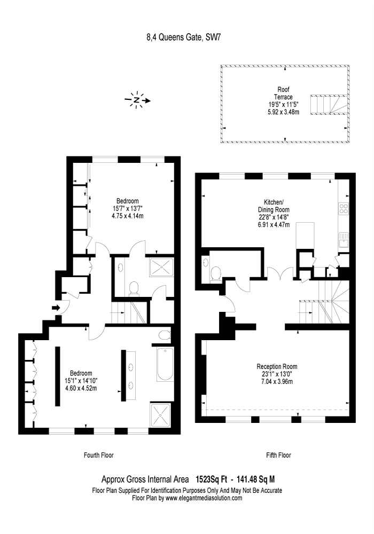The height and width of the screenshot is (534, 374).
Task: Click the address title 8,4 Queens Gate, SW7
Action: click(184, 37)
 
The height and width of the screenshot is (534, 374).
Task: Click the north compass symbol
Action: click(137, 100)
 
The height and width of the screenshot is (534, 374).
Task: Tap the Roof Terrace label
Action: click(283, 93)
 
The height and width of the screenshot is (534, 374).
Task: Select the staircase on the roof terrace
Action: click(329, 105)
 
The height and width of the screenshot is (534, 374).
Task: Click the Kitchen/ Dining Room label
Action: click(274, 206)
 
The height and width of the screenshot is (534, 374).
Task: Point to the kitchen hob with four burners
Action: click(344, 208)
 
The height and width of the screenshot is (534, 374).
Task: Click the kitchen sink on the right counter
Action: click(344, 240)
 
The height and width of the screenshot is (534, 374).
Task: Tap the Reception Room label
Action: click(277, 367)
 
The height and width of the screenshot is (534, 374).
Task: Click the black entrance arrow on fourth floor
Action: click(56, 308)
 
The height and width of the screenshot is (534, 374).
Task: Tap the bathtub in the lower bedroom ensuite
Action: click(165, 364)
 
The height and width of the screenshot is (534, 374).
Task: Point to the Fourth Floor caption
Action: click(99, 455)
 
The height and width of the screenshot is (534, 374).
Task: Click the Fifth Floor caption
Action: click(278, 455)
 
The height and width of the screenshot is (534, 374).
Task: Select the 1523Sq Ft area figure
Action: click(211, 480)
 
